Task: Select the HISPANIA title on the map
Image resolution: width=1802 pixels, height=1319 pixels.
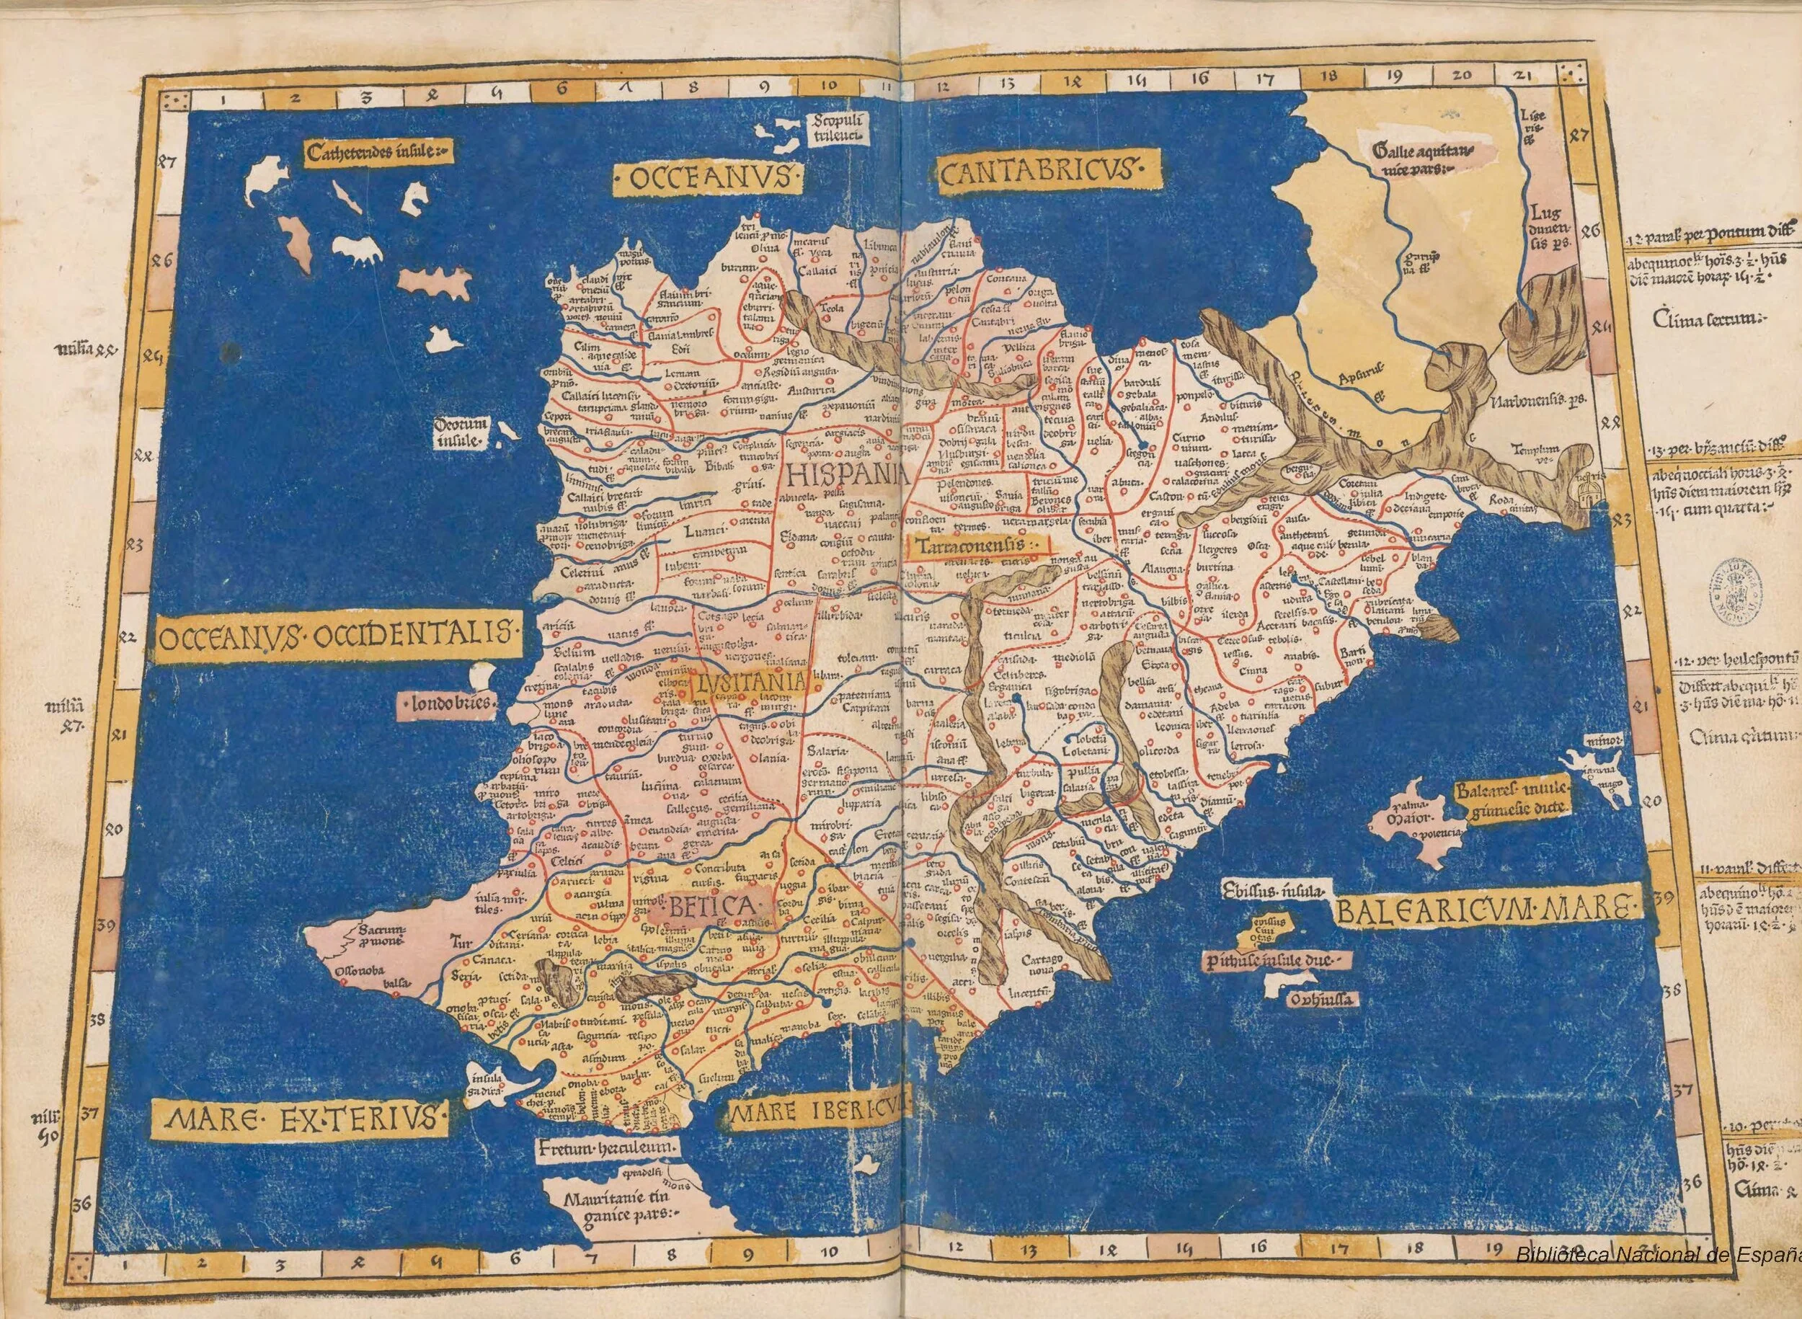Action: (x=847, y=477)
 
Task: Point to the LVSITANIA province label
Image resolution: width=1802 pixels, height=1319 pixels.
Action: (x=748, y=684)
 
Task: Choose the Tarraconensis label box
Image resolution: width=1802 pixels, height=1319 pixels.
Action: (x=979, y=547)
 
